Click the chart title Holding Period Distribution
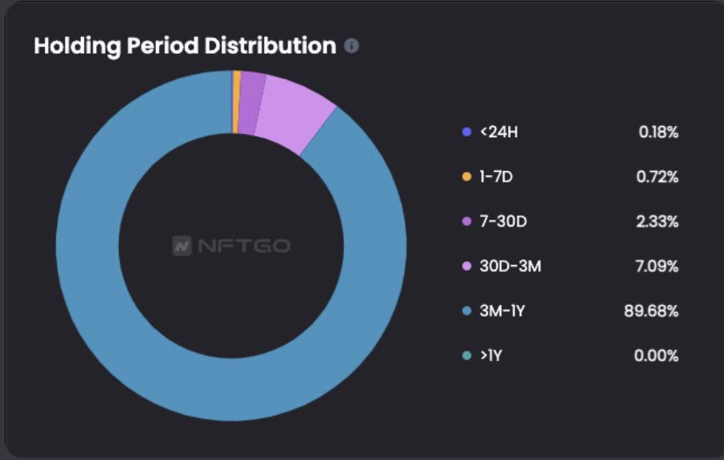tap(185, 45)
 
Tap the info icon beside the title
tap(352, 46)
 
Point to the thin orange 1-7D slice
tap(236, 101)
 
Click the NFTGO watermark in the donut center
tap(231, 247)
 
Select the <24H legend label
tap(499, 133)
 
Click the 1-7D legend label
tap(497, 177)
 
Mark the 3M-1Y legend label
tap(503, 311)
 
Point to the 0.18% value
tap(658, 133)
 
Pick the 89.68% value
tap(652, 311)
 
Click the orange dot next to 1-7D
tap(466, 177)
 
